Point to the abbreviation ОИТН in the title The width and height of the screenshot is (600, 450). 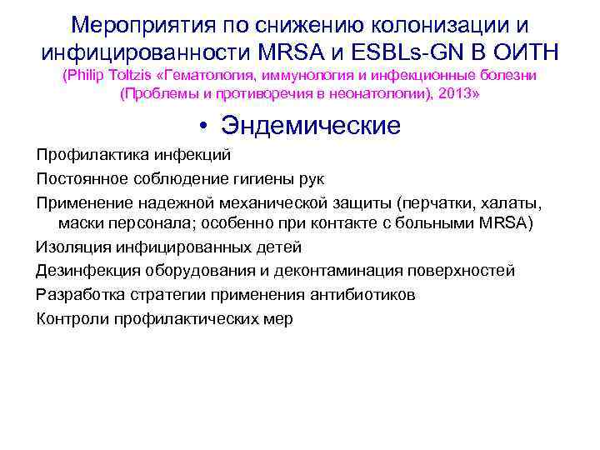525,52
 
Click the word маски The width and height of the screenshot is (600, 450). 81,224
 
